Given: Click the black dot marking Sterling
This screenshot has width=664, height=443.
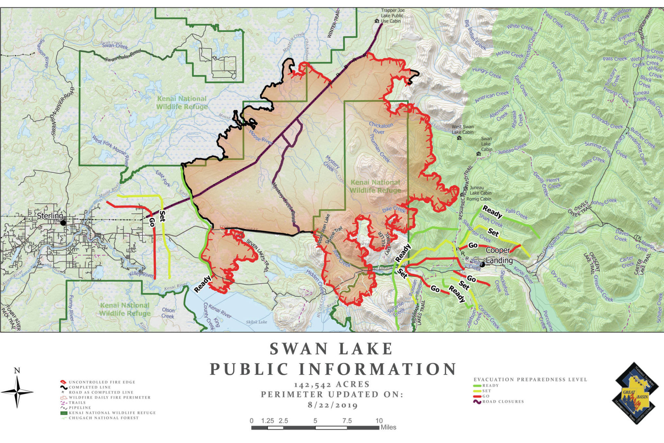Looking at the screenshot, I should point(63,223).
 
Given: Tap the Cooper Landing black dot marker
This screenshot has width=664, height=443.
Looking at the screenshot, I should point(483,265).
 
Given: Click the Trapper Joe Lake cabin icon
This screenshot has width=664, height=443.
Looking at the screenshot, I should point(377,21).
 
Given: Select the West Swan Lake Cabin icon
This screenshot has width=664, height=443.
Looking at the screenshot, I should point(459,138).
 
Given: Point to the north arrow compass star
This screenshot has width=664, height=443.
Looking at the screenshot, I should point(17,392).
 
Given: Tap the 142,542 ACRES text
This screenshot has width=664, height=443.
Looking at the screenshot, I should point(332,385).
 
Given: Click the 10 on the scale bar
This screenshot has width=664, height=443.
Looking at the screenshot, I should point(379,421).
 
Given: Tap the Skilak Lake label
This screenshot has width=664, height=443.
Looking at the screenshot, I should point(256,322).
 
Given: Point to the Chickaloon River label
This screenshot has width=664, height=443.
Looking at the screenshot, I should point(381,128).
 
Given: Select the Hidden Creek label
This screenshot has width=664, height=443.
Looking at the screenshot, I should point(315,281).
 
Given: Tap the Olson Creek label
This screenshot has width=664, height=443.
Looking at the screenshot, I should point(168,313).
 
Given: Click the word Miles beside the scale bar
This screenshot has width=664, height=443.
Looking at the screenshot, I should point(388,427).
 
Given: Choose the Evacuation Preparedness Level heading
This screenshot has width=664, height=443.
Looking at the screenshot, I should point(530,379).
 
